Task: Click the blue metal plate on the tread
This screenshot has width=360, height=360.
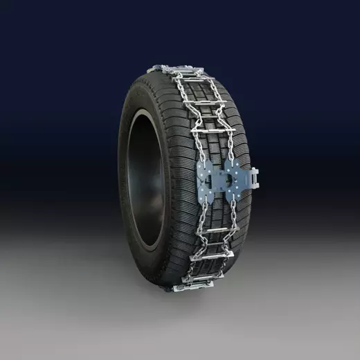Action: tap(225, 181)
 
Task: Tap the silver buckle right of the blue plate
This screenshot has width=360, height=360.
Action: tap(254, 179)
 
